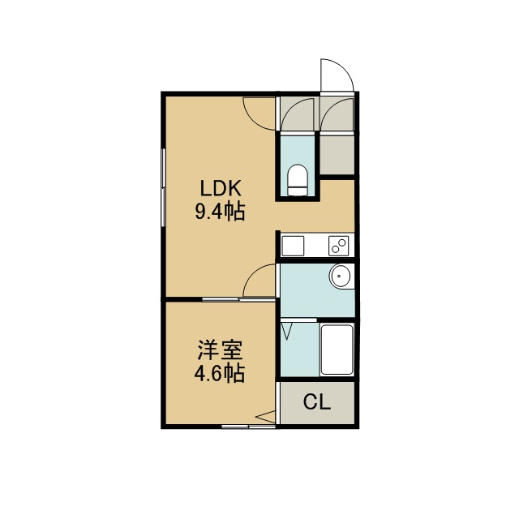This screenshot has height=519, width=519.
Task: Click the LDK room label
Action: [221, 188]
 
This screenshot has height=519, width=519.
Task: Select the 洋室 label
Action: [220, 350]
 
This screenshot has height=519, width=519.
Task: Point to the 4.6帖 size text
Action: [220, 373]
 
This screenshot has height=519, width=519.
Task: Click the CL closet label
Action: [317, 402]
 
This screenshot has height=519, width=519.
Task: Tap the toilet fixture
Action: [298, 180]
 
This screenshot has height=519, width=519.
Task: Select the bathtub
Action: [337, 350]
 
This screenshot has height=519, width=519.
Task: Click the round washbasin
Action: [340, 276]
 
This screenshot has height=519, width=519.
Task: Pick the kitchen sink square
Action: [293, 246]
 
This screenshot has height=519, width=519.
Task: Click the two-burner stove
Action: [339, 246]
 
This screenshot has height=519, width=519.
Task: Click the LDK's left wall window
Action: [163, 187]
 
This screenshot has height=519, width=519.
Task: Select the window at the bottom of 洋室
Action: [249, 427]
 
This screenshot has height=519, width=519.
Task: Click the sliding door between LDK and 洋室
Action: [238, 299]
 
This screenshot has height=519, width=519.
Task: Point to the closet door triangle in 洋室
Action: [265, 417]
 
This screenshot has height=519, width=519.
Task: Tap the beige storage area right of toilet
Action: [337, 155]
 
